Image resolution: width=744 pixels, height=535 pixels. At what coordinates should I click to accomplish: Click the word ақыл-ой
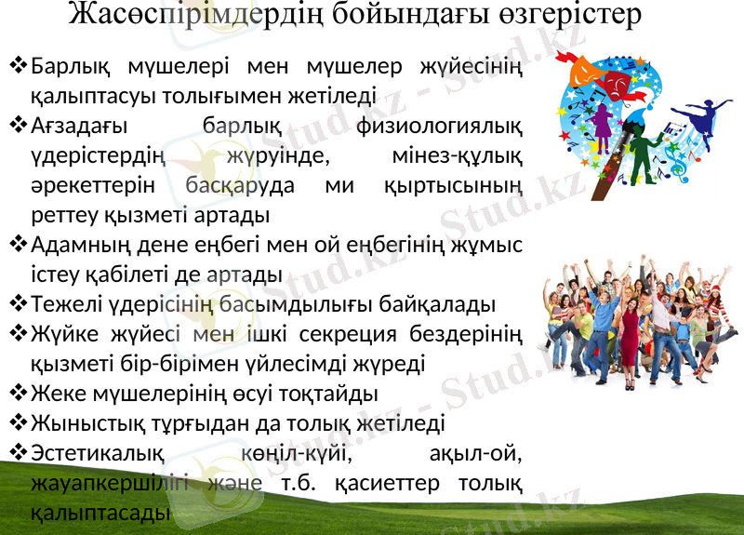click(476, 454)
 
